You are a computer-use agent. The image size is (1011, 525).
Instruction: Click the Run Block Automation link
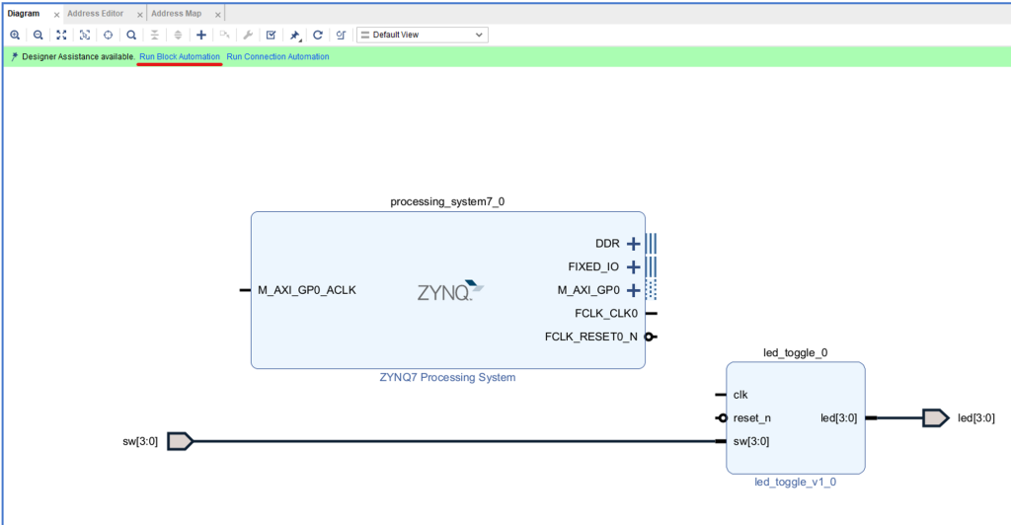click(180, 57)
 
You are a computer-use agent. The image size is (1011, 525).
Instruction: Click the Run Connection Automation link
click(277, 57)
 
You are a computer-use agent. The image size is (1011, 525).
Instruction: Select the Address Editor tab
click(96, 14)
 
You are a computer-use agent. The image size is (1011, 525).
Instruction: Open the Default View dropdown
click(423, 35)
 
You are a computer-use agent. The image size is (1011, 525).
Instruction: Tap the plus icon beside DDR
click(634, 244)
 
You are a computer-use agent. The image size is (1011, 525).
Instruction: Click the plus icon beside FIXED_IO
click(634, 266)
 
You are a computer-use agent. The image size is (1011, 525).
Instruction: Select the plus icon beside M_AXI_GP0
click(634, 290)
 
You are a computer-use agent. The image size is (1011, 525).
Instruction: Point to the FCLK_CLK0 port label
click(606, 314)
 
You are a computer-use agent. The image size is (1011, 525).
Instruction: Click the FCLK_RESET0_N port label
click(590, 337)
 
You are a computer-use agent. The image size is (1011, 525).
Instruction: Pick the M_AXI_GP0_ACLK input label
click(307, 290)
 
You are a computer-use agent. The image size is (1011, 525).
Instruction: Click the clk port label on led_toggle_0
click(740, 395)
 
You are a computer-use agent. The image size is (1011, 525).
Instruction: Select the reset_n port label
click(752, 417)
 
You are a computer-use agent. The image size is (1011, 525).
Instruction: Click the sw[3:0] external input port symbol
click(179, 441)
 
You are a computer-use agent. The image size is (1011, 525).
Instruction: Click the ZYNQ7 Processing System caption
click(447, 377)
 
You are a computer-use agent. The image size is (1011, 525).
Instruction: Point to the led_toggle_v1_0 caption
click(795, 483)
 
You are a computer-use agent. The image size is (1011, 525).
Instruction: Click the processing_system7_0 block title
click(447, 201)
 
